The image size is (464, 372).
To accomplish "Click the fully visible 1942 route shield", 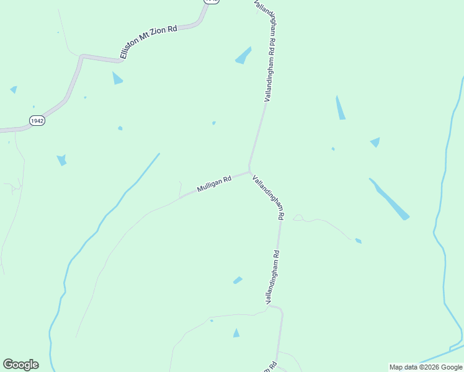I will pos(37,120).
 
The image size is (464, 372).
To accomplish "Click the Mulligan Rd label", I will pos(214,184).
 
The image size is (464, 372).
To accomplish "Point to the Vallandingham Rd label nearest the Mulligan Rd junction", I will pos(269,198).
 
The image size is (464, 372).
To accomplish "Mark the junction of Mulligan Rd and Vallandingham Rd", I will pos(249,171).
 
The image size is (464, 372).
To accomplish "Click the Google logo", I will pos(20,365).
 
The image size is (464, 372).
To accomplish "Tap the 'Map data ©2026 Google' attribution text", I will pos(426,367).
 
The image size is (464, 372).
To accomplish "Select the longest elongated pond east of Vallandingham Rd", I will pos(389,199).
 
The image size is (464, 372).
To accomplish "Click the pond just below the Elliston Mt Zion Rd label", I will pos(117,78).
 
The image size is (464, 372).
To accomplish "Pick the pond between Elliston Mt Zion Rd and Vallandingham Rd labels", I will pos(243,56).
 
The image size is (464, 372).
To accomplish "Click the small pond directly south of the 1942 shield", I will pos(61,160).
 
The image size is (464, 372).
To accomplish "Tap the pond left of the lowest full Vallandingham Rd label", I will pos(238,280).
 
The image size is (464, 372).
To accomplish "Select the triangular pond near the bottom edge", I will pos(236,334).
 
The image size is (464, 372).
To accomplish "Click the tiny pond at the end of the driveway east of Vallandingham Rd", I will pos(358,241).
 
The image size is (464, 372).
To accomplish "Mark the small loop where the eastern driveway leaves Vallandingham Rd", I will pos(298,218).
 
